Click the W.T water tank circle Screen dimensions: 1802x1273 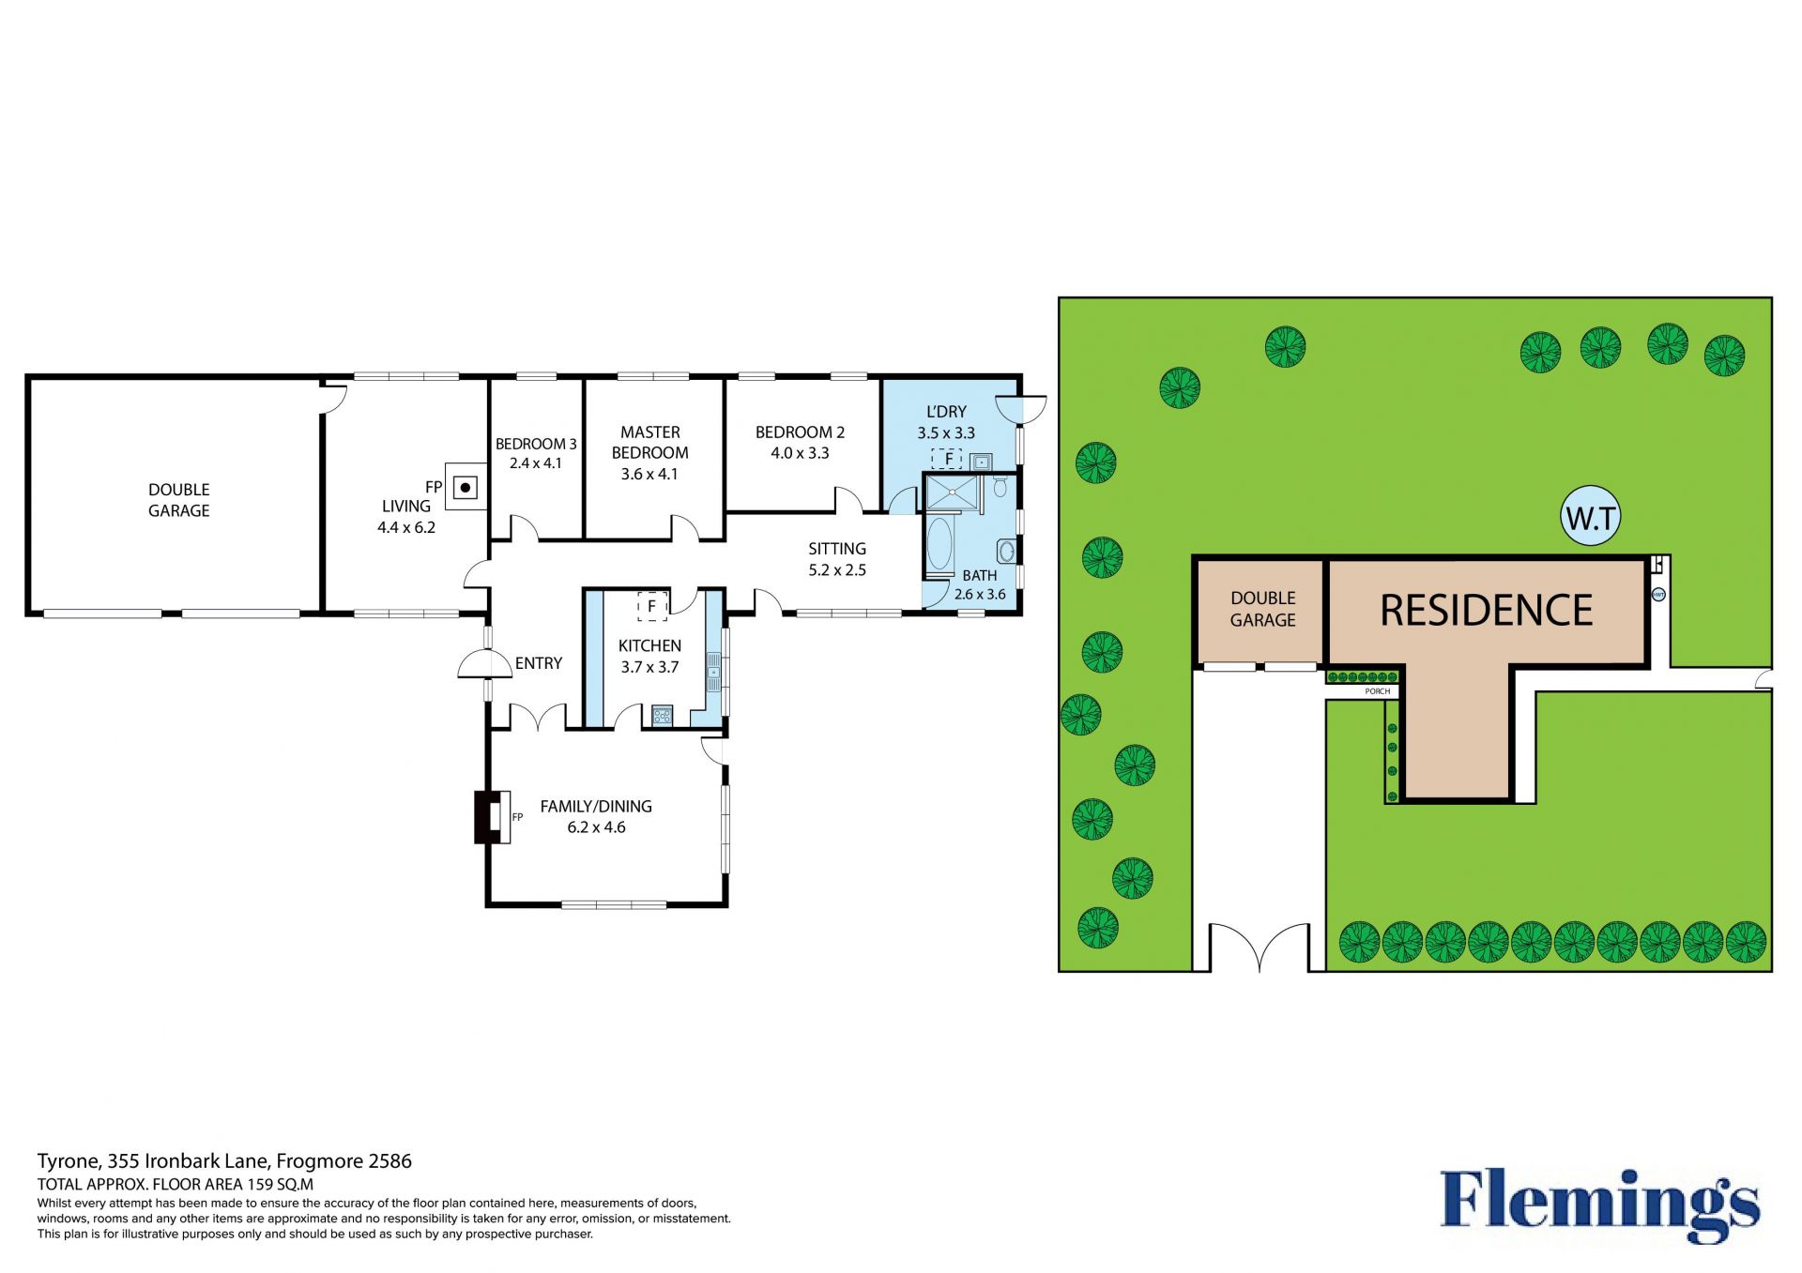[1591, 516]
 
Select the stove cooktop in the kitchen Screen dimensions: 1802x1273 [663, 716]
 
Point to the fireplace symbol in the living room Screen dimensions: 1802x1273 [466, 487]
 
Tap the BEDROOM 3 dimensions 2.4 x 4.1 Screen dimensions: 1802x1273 [535, 463]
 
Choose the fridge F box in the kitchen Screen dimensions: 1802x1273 [652, 606]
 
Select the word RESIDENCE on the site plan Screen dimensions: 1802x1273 [1486, 610]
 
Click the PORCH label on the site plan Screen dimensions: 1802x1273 [1378, 691]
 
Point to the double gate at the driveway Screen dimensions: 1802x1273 [1259, 946]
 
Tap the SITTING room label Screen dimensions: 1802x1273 [837, 549]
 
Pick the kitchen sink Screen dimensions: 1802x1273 [713, 672]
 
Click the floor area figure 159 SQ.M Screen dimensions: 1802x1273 [280, 1185]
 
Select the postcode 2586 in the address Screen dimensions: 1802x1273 [389, 1161]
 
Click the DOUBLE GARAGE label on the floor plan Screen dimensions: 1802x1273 [179, 500]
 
